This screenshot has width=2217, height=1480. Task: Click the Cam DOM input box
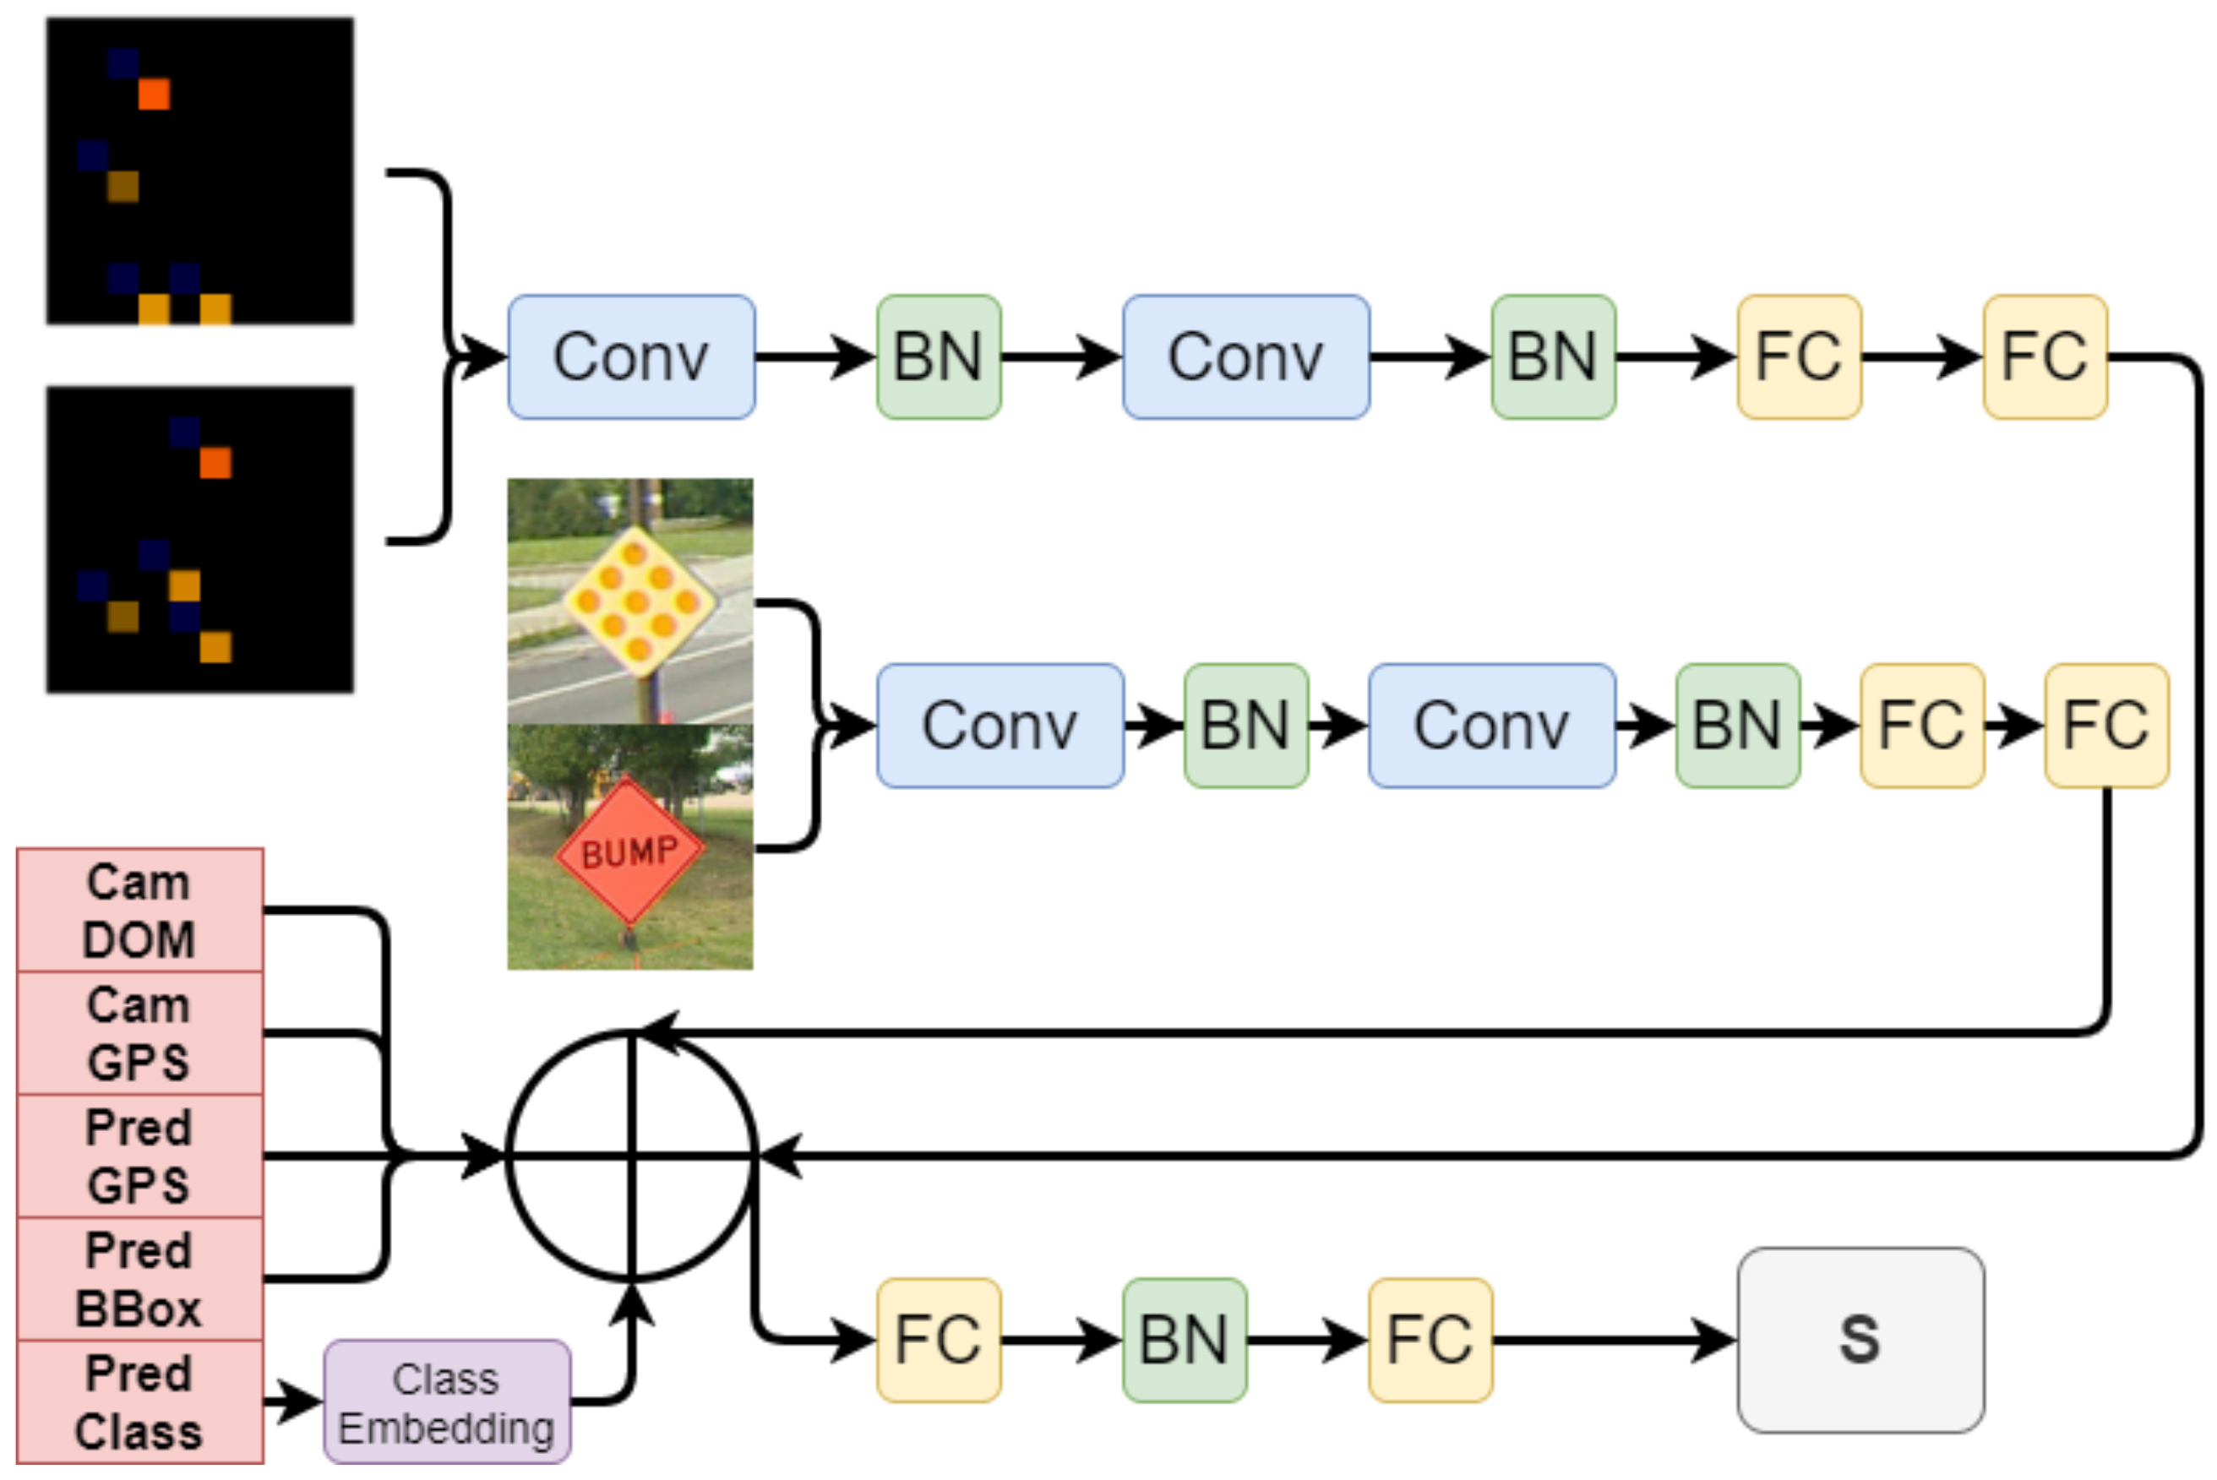tap(139, 911)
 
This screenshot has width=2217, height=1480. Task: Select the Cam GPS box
tap(139, 1033)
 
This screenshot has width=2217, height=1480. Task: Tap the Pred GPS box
tap(139, 1156)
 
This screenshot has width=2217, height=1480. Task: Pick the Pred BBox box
tap(139, 1279)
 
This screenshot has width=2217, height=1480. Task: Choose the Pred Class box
tap(139, 1402)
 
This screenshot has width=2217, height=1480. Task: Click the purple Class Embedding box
tap(446, 1402)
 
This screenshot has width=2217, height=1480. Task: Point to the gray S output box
tap(1860, 1341)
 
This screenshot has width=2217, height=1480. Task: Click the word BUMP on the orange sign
tap(629, 853)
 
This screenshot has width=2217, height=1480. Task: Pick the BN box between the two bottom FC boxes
tap(1185, 1341)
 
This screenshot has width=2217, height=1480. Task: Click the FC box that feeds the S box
tap(1430, 1341)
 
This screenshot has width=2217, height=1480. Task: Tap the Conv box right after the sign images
tap(1000, 726)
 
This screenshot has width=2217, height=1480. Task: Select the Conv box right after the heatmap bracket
tap(631, 356)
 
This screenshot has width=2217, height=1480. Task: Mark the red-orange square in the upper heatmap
tap(154, 95)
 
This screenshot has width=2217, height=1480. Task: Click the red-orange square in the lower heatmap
tap(215, 463)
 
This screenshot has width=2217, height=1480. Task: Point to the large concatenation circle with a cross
tap(631, 1156)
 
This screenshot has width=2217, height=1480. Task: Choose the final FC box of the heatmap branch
tap(2045, 356)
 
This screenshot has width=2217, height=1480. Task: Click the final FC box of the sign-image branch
tap(2105, 726)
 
